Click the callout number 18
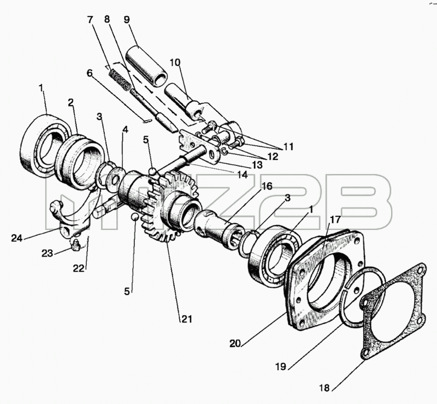pyautogui.click(x=324, y=388)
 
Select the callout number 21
pyautogui.click(x=187, y=319)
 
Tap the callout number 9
pyautogui.click(x=127, y=20)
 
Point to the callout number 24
pyautogui.click(x=17, y=238)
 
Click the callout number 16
pyautogui.click(x=267, y=186)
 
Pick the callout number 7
pyautogui.click(x=90, y=20)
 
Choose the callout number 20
pyautogui.click(x=235, y=344)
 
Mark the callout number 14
pyautogui.click(x=243, y=174)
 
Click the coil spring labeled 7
pyautogui.click(x=120, y=80)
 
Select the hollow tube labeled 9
pyautogui.click(x=146, y=65)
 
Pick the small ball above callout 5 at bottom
pyautogui.click(x=135, y=217)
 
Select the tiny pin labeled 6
pyautogui.click(x=146, y=121)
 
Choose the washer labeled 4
pyautogui.click(x=117, y=179)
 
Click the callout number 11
pyautogui.click(x=288, y=146)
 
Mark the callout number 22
pyautogui.click(x=79, y=268)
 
